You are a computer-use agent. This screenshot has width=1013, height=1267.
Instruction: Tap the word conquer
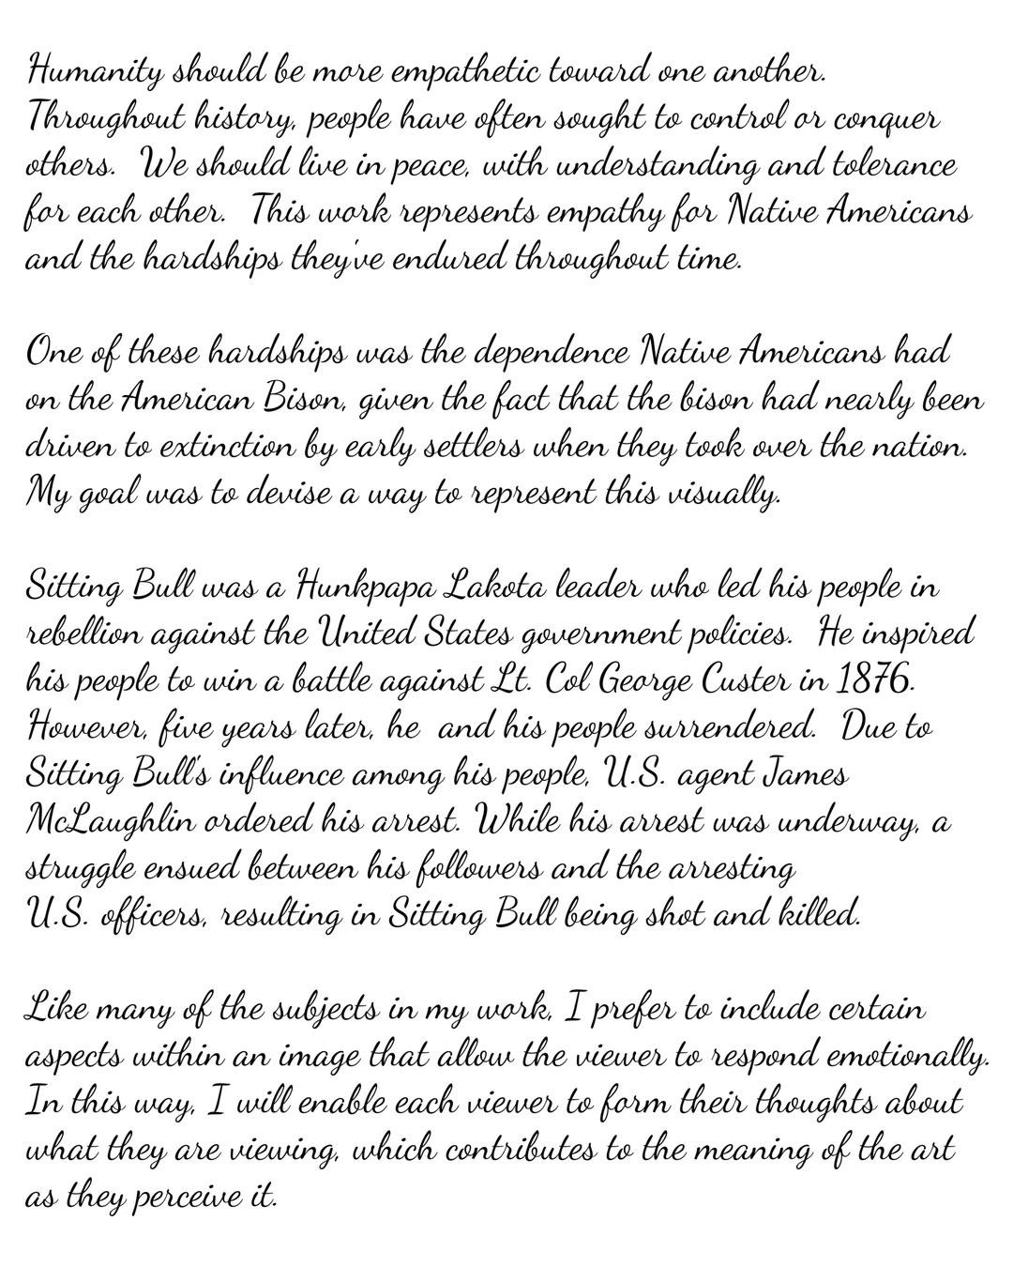(886, 120)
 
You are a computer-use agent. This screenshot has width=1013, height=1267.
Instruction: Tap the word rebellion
(82, 633)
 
